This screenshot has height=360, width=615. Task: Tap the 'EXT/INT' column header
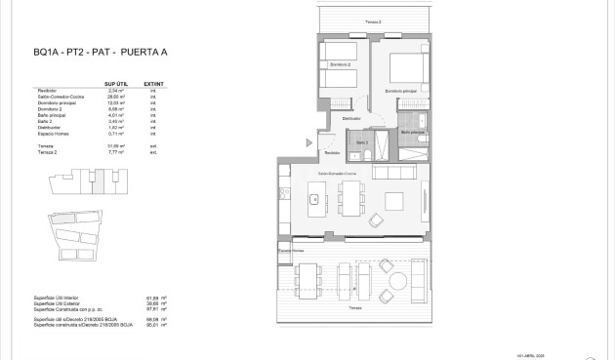151,84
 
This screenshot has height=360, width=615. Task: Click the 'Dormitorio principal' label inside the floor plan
400,93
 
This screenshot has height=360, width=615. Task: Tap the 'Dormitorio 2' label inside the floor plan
339,65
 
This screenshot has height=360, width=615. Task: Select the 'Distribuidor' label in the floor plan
351,118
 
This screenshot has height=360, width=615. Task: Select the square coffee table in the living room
394,201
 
